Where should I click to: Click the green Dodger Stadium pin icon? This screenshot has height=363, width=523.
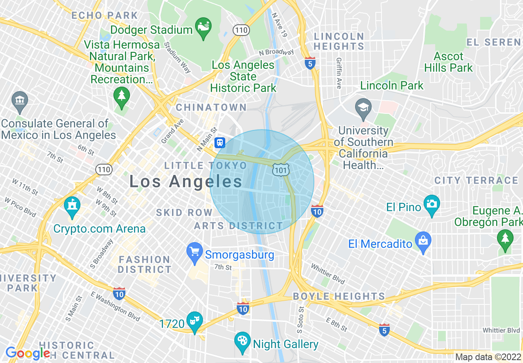203,27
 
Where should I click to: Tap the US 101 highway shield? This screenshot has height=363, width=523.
281,169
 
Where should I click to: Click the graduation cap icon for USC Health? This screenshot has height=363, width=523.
363,108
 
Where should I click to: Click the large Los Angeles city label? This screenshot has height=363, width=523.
186,181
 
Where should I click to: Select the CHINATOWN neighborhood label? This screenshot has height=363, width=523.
211,108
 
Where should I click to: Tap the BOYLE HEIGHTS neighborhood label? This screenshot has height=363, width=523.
339,297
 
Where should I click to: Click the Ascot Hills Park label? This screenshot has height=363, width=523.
448,62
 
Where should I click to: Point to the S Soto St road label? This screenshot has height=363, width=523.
301,320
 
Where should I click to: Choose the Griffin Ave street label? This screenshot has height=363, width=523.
339,73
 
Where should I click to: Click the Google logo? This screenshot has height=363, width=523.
27,353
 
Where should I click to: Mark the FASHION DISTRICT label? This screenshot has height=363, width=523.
144,264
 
